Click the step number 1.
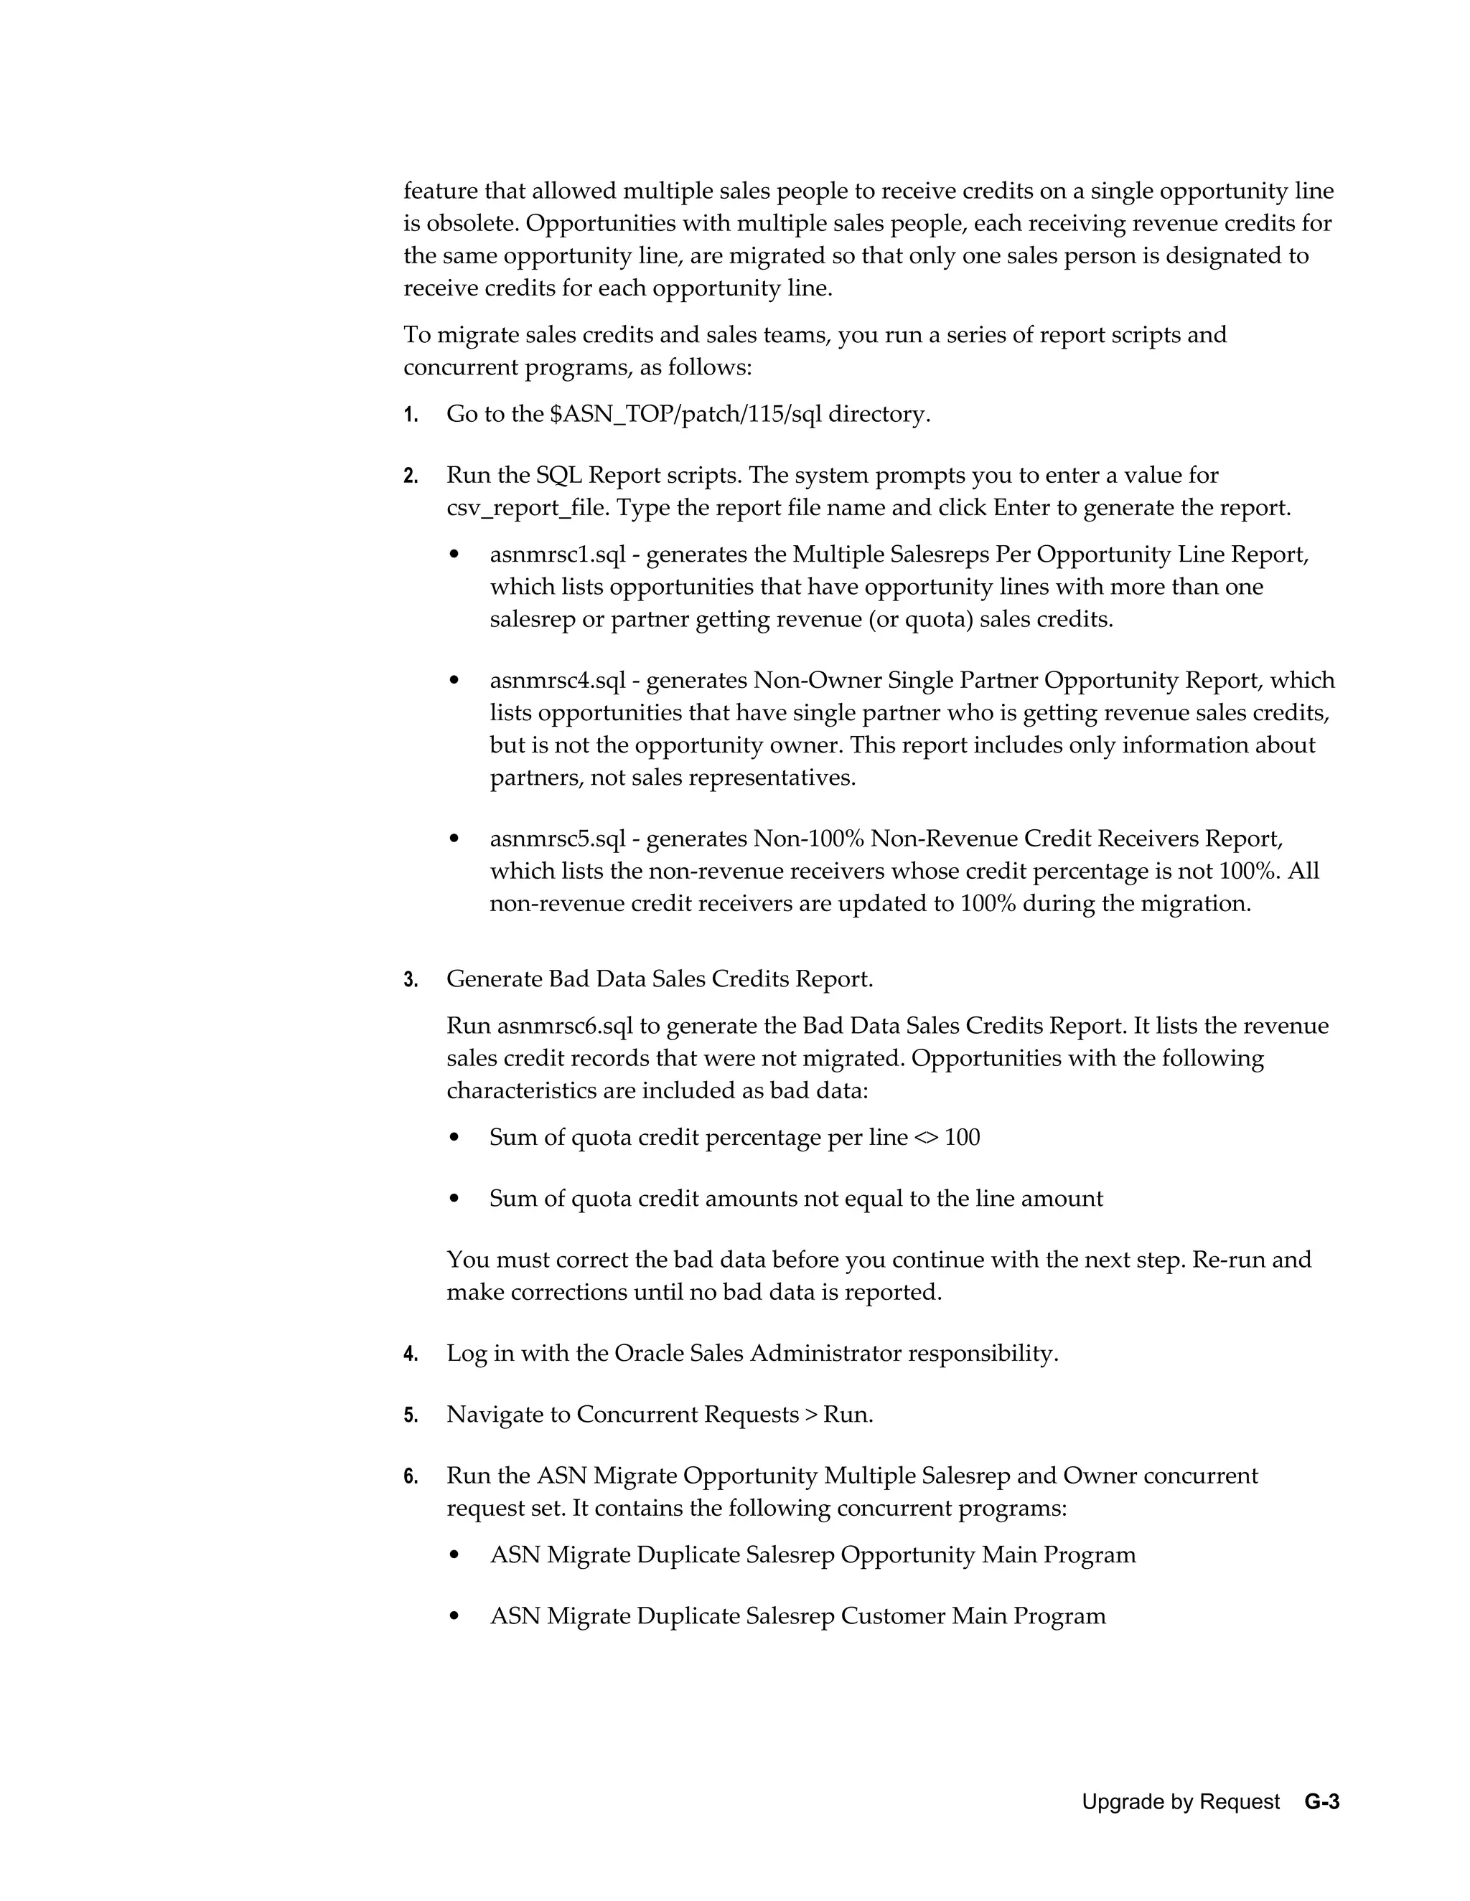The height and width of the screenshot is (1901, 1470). click(x=410, y=415)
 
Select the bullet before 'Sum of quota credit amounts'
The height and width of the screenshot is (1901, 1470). click(x=454, y=1199)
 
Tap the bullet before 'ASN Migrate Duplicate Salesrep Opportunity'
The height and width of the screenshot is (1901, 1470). click(x=454, y=1555)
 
